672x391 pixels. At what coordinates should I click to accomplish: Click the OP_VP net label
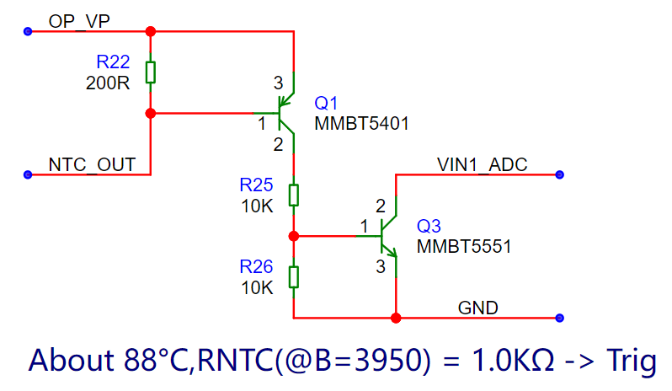point(79,21)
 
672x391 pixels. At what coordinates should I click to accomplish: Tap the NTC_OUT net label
point(92,164)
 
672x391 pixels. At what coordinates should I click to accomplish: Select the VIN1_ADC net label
point(483,164)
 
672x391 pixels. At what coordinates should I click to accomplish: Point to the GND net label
point(477,308)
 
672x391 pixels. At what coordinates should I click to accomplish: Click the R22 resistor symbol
point(151,72)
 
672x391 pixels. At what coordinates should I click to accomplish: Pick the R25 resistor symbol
point(294,195)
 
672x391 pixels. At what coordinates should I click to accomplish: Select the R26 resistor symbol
point(294,277)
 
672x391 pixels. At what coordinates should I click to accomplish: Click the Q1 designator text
point(326,103)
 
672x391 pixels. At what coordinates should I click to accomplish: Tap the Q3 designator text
point(429,226)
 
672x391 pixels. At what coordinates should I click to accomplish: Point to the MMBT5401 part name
point(361,124)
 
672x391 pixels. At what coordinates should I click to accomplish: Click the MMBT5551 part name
point(464,247)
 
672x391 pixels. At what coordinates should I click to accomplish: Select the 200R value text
point(108,83)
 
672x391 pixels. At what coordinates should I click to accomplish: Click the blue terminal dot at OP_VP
point(28,31)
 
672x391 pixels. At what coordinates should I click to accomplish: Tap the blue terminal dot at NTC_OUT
point(28,174)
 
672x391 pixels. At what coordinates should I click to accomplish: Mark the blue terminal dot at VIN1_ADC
point(559,174)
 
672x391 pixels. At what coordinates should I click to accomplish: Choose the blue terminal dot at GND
point(559,318)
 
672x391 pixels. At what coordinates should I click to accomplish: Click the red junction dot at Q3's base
point(294,236)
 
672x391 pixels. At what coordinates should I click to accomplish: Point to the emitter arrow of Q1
point(285,100)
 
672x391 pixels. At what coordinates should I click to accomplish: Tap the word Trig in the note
point(632,360)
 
